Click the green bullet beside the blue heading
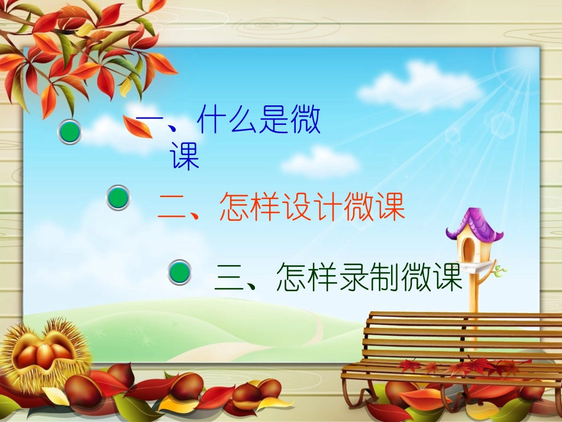tap(70, 132)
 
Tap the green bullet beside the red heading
tap(118, 198)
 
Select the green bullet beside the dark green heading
tap(180, 273)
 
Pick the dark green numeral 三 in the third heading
tap(229, 278)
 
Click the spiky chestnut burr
tap(41, 353)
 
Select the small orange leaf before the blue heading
tap(138, 127)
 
